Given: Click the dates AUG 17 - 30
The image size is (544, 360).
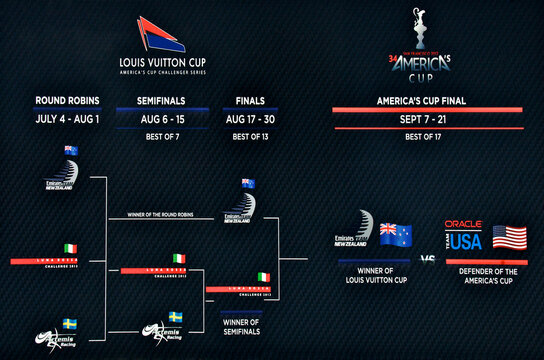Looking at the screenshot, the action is pos(250,118).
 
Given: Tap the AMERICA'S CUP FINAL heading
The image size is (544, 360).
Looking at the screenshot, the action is pos(427,101).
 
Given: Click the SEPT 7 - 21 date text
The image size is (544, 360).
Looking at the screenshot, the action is pos(427,118).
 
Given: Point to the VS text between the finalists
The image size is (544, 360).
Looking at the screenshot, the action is pos(427,259).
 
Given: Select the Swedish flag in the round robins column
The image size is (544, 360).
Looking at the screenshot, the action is pos(70,324).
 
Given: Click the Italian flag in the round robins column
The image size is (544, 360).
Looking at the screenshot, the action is pos(70,248).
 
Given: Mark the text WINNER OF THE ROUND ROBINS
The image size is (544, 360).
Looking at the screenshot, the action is pos(174,215).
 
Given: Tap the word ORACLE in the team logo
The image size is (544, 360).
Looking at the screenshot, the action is pos(463,225).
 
